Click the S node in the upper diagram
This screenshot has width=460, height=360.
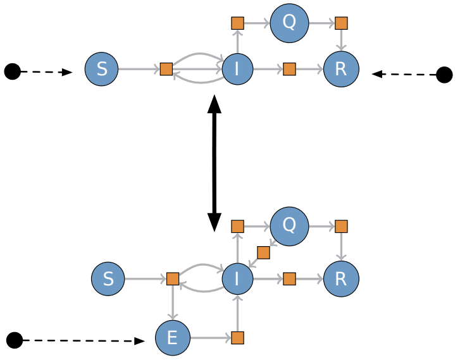(x=101, y=69)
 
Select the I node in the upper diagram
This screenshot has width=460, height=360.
(x=237, y=69)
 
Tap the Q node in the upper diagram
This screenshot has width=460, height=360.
(x=289, y=23)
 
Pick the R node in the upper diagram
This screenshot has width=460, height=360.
(x=341, y=69)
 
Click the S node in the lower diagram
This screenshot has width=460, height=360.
(x=108, y=278)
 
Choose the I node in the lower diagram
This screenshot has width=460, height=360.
(x=237, y=278)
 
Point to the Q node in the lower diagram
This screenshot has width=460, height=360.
(x=289, y=227)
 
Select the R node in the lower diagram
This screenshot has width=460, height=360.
(x=341, y=278)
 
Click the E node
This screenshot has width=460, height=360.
(x=173, y=338)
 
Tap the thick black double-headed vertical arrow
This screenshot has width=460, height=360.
(x=214, y=163)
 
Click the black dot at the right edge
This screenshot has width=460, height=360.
(x=444, y=75)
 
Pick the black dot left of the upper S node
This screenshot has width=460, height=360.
(x=13, y=71)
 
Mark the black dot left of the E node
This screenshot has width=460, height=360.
(x=15, y=340)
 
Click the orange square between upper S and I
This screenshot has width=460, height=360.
(x=166, y=69)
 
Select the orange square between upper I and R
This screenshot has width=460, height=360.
(x=289, y=69)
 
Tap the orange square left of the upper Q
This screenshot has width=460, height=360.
(x=237, y=23)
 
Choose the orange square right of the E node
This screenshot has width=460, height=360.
(x=237, y=338)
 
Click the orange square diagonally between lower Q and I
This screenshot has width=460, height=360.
(x=263, y=252)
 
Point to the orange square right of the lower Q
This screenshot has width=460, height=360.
(x=341, y=227)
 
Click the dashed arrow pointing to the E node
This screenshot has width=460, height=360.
(x=84, y=340)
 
